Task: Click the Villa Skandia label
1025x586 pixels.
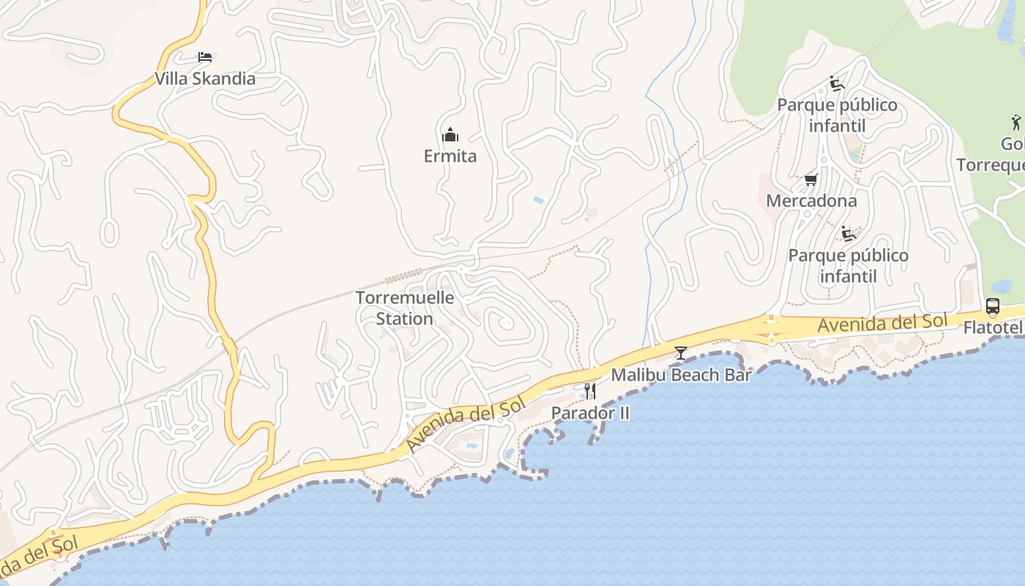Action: point(205,78)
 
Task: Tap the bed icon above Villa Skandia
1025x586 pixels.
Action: point(205,57)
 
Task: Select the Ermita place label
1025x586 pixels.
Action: point(450,156)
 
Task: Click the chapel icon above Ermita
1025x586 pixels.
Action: point(450,135)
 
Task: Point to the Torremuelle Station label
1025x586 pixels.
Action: point(405,308)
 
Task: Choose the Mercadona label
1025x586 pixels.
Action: point(810,201)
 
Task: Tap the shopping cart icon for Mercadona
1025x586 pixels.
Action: point(810,179)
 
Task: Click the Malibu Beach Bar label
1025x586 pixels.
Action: point(681,375)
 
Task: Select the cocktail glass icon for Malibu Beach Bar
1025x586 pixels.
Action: point(681,353)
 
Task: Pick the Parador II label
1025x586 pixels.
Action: point(590,413)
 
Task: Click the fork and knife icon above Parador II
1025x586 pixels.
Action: point(590,391)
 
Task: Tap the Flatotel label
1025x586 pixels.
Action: point(993,327)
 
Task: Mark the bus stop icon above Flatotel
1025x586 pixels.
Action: point(993,306)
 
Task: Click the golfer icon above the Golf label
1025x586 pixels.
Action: point(1015,122)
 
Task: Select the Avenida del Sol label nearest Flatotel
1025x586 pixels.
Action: point(882,322)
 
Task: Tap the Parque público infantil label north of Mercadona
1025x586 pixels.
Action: point(837,115)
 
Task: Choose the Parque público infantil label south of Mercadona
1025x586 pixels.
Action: point(848,265)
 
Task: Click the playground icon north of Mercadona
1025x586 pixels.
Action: point(837,84)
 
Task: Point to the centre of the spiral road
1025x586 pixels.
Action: point(503,322)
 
